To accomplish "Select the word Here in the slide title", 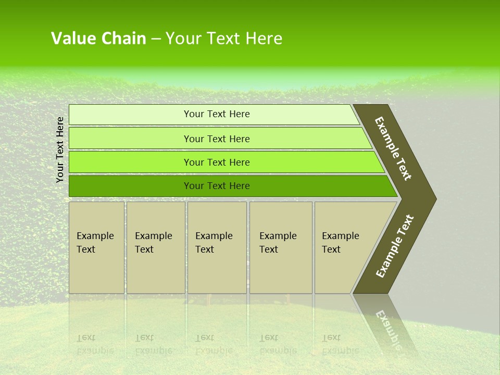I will [x=264, y=39].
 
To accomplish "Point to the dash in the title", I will [x=156, y=39].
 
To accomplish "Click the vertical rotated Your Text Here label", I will [x=60, y=149].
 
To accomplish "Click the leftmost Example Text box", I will [x=96, y=247].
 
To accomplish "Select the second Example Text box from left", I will [x=156, y=247].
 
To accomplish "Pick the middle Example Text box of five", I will [x=217, y=247].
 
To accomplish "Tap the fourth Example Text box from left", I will [x=281, y=247].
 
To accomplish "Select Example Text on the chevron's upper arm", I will [x=393, y=148].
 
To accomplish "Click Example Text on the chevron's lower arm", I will [x=394, y=246].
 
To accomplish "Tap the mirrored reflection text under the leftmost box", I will [x=95, y=344].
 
